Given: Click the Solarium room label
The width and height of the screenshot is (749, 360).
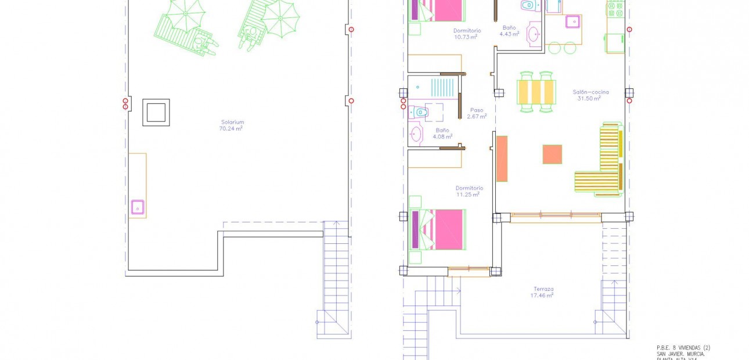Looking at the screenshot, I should (x=232, y=122).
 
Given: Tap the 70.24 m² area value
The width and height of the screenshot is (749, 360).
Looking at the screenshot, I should (x=231, y=129).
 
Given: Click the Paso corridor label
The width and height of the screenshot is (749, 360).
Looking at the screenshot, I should (x=477, y=110).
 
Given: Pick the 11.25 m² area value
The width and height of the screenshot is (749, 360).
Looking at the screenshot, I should (x=467, y=195).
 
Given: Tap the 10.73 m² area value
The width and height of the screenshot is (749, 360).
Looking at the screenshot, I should (x=466, y=37).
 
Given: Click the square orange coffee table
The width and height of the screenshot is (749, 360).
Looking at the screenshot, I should (x=552, y=154).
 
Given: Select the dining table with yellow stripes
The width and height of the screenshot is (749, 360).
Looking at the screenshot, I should (x=536, y=92).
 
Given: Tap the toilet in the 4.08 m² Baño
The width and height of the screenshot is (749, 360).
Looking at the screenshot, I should (x=419, y=111).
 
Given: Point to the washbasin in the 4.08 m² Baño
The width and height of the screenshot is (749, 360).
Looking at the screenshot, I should (x=416, y=134).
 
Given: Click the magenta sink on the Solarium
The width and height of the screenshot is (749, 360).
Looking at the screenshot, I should (x=138, y=207).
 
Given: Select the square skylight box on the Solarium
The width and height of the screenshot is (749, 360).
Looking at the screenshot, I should (x=156, y=112).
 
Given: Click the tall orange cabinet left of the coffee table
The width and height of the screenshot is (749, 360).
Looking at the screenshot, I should (x=502, y=159).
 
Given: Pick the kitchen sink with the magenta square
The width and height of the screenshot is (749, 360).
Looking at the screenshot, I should (x=572, y=21).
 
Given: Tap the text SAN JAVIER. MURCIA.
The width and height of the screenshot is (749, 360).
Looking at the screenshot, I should (x=680, y=354).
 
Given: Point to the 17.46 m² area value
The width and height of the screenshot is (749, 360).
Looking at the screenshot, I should (x=542, y=296).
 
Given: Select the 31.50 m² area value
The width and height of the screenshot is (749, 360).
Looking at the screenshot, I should (x=589, y=99).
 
